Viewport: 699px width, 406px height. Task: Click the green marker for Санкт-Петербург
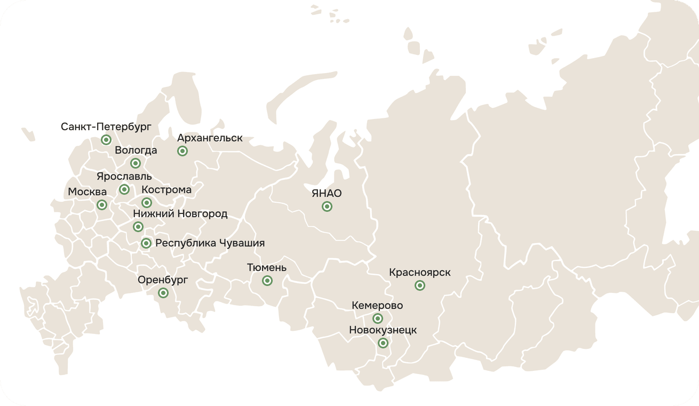[x=106, y=140]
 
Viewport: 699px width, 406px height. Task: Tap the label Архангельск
[x=210, y=138]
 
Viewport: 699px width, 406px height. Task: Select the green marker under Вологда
[x=136, y=163]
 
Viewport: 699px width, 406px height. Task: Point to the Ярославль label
[x=124, y=177]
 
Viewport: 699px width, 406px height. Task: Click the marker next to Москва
[x=101, y=204]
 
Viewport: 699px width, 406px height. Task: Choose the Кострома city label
[x=166, y=190]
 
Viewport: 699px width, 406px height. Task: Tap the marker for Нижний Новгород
[x=138, y=227]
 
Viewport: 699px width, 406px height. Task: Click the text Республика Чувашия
[x=210, y=243]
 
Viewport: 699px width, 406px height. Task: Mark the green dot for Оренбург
[x=163, y=293]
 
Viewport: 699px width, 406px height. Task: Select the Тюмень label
[x=267, y=267]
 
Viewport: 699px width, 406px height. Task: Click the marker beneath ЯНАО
[x=327, y=206]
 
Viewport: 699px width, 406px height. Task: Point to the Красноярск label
[x=419, y=273]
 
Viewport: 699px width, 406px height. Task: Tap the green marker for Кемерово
[x=377, y=319]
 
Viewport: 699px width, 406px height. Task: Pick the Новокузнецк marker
[x=383, y=343]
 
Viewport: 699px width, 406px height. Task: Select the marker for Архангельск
[x=182, y=151]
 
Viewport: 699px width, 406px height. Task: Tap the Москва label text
[x=87, y=192]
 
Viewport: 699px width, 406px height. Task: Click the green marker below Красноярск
[x=420, y=285]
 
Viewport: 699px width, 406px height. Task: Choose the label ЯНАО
[x=327, y=194]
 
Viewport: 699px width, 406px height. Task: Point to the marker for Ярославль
[x=124, y=189]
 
